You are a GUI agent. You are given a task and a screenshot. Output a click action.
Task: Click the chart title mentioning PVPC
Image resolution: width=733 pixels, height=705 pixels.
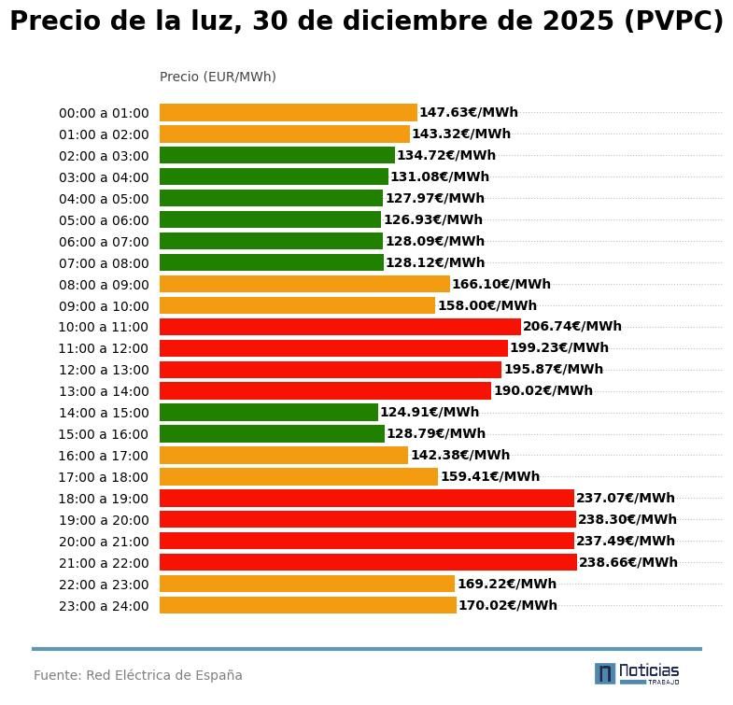click(x=366, y=21)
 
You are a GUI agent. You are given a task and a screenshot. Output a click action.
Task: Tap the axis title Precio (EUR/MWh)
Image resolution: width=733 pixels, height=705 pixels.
click(x=218, y=77)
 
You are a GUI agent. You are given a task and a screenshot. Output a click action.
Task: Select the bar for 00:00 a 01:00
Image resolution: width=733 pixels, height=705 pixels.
click(x=288, y=113)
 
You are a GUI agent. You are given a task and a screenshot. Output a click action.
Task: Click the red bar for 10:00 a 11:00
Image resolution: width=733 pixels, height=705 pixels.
click(x=340, y=327)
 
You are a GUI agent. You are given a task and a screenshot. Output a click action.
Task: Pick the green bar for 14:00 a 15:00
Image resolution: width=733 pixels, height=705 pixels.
click(x=268, y=413)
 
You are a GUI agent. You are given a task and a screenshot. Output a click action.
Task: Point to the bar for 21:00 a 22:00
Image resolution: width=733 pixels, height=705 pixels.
click(x=368, y=562)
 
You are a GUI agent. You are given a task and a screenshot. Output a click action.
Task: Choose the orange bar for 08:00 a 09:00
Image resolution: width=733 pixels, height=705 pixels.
click(x=304, y=284)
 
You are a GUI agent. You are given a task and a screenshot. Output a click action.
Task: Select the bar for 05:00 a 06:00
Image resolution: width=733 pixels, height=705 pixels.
click(x=270, y=220)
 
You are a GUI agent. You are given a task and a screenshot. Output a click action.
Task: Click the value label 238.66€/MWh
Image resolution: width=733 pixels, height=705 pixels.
click(x=628, y=562)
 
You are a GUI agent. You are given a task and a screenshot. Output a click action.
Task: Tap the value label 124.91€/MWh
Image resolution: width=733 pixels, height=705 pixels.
click(x=430, y=412)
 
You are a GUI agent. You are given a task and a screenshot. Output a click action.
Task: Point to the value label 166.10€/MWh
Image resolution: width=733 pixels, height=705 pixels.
click(x=501, y=284)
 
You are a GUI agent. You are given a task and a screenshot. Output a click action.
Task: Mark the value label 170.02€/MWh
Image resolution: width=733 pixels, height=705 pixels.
click(x=508, y=605)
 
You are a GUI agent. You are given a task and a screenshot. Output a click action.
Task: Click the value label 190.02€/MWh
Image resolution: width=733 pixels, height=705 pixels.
click(x=543, y=390)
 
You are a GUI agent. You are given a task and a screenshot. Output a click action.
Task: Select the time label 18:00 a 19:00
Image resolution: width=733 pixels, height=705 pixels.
click(x=104, y=499)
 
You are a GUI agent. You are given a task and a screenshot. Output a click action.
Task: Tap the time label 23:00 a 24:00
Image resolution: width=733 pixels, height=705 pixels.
click(x=104, y=606)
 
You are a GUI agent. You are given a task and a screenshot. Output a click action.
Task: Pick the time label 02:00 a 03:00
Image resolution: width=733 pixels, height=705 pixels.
click(x=104, y=156)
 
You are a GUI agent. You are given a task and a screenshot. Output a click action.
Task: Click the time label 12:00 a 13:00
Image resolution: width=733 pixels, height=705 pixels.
click(x=104, y=370)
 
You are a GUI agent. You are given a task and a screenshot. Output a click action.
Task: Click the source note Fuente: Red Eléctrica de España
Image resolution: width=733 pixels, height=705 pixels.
click(x=138, y=675)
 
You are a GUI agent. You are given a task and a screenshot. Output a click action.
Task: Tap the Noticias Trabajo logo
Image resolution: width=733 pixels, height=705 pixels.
click(x=637, y=673)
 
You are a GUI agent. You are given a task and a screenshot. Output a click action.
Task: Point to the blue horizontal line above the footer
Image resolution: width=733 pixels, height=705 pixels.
click(x=366, y=648)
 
